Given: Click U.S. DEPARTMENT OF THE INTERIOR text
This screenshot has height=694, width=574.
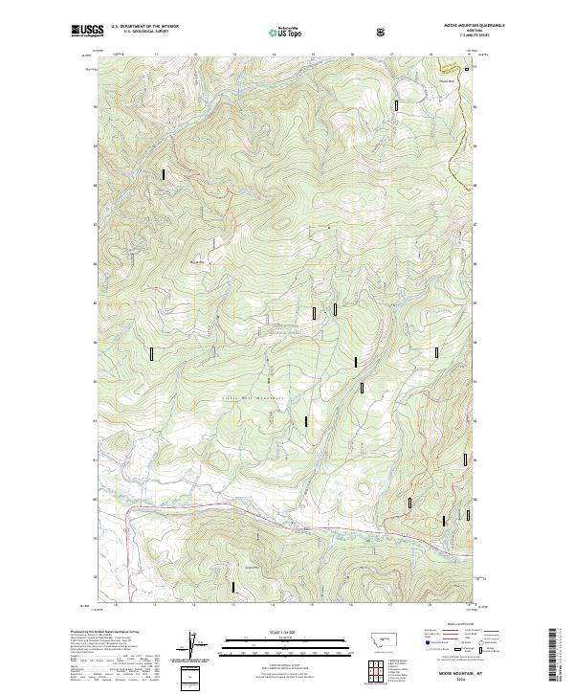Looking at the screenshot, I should tap(145, 27).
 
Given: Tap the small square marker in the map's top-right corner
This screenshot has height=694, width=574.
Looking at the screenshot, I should tap(467, 69).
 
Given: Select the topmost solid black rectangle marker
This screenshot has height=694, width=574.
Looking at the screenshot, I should tap(164, 174).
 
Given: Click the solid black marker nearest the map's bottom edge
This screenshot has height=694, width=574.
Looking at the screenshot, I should tap(232, 587).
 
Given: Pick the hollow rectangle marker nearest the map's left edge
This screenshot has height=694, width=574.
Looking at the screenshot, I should tap(151, 353).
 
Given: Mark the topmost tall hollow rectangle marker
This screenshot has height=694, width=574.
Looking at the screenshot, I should tap(396, 106).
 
